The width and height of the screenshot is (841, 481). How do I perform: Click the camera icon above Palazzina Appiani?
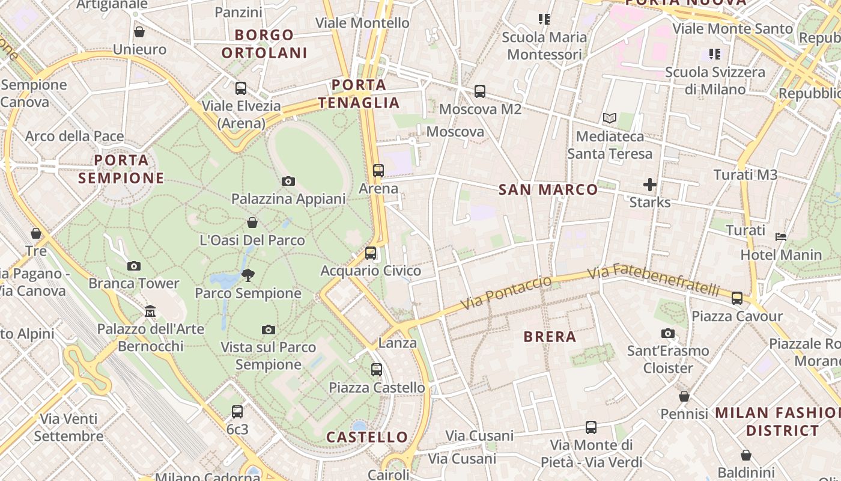point(288,181)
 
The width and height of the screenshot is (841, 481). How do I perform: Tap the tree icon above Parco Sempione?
point(247,275)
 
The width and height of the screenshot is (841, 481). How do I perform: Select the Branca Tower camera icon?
point(134,266)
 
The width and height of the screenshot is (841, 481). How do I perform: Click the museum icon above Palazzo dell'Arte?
point(150,311)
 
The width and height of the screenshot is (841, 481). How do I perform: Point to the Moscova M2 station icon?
point(479,91)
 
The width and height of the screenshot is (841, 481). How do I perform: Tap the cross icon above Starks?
point(649,185)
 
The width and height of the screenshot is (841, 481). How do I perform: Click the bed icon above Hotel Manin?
point(781,237)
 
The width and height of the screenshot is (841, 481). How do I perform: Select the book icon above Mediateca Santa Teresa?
point(610,118)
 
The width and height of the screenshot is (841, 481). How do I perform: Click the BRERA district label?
point(550,337)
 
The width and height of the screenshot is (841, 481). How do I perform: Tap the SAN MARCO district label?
point(548,190)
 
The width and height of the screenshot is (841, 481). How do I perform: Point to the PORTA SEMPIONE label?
point(121,169)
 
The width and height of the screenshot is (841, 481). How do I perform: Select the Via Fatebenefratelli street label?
point(654,280)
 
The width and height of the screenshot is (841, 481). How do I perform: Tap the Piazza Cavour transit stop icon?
point(737,298)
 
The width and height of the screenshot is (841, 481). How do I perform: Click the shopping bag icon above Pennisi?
point(684,396)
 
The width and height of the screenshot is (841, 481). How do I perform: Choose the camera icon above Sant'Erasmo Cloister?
point(667,333)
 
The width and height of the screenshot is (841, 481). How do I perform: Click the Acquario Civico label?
point(371,271)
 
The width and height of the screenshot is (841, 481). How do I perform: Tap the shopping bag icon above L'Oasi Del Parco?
point(252,222)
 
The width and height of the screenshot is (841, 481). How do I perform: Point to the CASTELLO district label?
point(367,437)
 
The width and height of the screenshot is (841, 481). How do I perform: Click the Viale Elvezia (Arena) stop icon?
point(241,88)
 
